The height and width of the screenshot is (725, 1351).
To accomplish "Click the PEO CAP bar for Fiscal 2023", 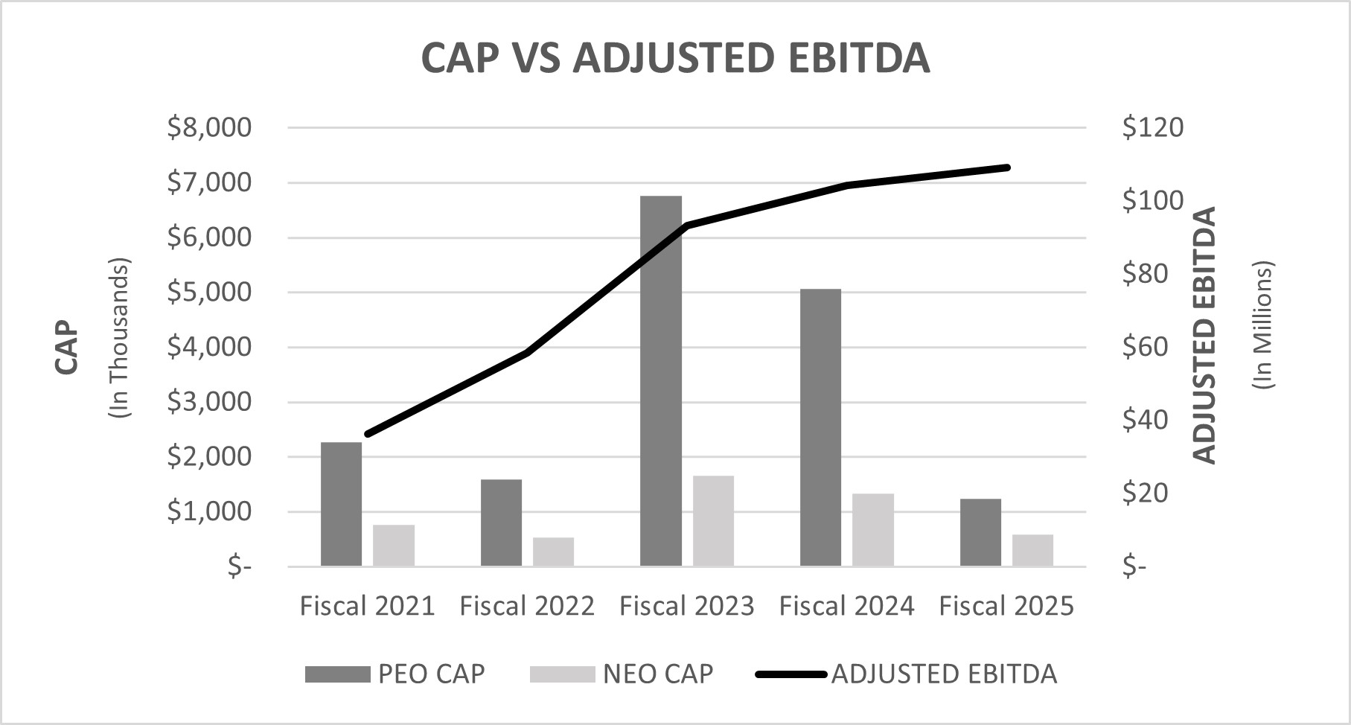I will [x=661, y=381].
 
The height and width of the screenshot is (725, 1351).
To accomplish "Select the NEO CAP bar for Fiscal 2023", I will [x=713, y=521].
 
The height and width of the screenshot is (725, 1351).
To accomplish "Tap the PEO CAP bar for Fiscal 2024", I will [x=820, y=428].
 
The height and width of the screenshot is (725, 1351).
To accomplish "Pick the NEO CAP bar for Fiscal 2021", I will [x=394, y=546].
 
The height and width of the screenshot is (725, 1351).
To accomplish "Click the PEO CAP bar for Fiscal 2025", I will [x=980, y=533].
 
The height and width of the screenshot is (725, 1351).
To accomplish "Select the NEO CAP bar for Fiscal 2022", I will [x=553, y=552].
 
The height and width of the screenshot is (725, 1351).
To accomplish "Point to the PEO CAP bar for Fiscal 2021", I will [x=341, y=505].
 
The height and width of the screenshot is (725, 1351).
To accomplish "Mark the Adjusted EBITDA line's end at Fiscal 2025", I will [x=1007, y=167].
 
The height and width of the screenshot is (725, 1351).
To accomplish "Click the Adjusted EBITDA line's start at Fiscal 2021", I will [x=368, y=434].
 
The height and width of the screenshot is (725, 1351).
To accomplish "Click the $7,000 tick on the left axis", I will [x=209, y=182].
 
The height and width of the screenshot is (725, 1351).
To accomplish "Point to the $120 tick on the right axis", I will [x=1152, y=127].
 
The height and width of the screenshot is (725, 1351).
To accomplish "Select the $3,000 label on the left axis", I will [x=209, y=402].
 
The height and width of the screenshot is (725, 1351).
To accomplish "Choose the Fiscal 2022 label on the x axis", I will [x=527, y=606].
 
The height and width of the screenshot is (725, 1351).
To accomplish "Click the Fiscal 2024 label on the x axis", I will [x=846, y=606].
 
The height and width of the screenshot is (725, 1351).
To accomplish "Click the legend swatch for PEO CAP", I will [x=337, y=674].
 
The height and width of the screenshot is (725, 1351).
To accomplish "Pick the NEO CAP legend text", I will [x=658, y=674].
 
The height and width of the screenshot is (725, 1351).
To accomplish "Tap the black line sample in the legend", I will [x=791, y=674].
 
